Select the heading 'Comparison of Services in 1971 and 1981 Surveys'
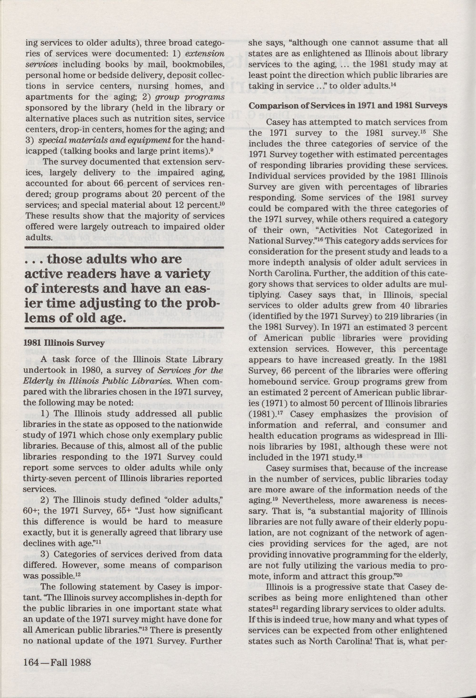coord(348,106)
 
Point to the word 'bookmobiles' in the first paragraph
coord(198,65)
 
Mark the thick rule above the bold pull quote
coord(124,247)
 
